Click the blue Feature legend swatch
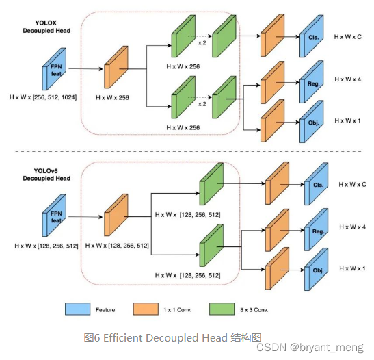coord(80,309)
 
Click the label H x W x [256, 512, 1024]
coord(42,99)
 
